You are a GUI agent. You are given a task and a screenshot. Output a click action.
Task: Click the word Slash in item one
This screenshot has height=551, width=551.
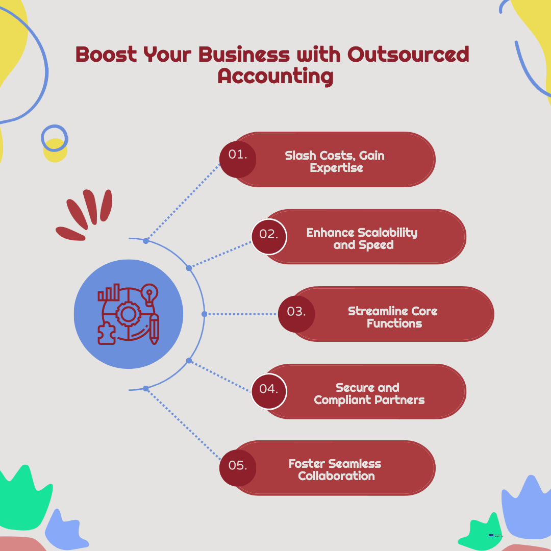[x=300, y=155]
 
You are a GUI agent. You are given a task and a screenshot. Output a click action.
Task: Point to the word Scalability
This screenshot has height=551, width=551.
[x=387, y=233]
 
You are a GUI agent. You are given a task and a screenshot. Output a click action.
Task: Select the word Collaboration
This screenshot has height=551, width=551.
[x=336, y=476]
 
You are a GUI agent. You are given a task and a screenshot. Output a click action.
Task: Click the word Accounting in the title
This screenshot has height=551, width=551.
[x=275, y=76]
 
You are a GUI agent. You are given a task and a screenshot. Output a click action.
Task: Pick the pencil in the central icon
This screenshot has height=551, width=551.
[x=154, y=329]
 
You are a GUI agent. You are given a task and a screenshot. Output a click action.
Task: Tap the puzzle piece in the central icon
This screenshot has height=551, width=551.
[x=106, y=334]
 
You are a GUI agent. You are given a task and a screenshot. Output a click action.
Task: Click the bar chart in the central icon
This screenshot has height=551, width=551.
[x=109, y=293]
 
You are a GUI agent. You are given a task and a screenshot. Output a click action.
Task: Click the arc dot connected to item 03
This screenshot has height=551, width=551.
[x=204, y=314]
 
